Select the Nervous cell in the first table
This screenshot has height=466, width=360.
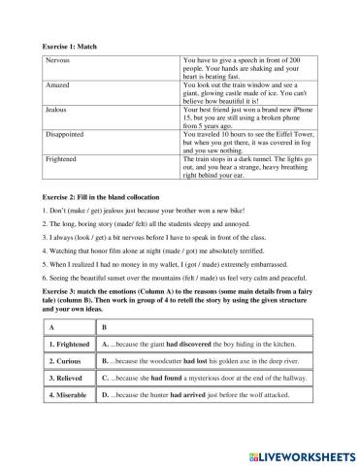coord(58,60)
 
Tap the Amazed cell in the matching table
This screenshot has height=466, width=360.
coord(59,85)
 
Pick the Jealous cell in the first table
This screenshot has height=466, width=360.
coord(57,111)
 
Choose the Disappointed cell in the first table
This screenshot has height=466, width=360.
coord(66,136)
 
